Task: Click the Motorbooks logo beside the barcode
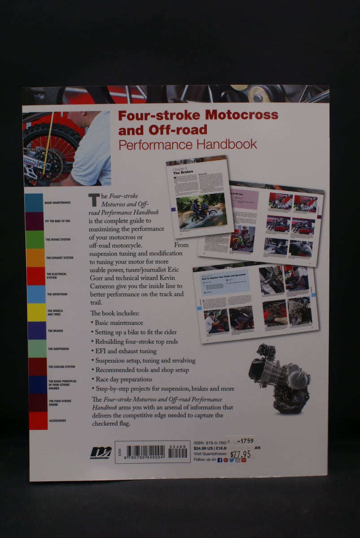(101, 452)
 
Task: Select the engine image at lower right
(280, 378)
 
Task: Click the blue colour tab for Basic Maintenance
(34, 203)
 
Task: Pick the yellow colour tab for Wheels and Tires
(37, 312)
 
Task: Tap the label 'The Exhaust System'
(60, 258)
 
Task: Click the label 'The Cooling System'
(61, 367)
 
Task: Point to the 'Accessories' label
(57, 421)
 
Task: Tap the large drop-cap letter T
(93, 200)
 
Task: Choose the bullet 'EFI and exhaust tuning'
(126, 351)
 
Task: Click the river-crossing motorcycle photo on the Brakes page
(201, 211)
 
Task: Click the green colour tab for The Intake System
(35, 239)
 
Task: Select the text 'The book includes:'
(115, 313)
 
